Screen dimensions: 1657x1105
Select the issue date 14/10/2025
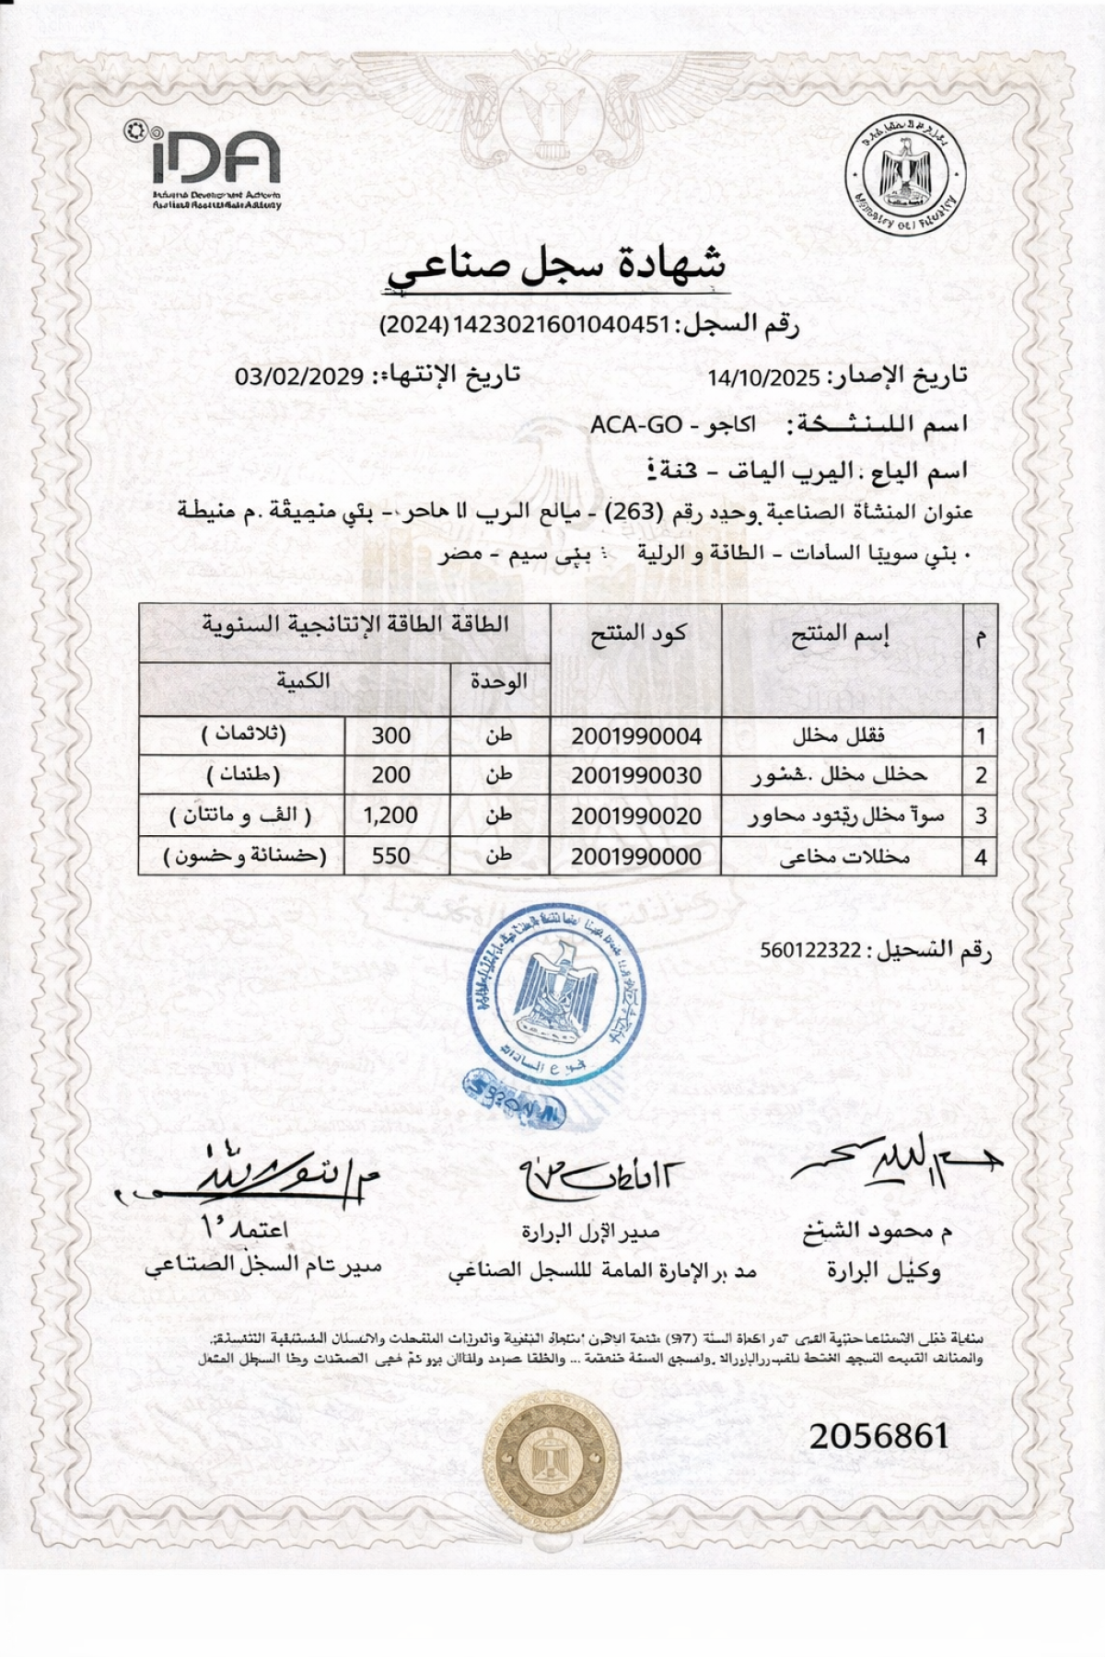[763, 377]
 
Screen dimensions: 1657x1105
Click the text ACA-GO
[635, 424]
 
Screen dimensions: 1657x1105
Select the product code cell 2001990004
[635, 736]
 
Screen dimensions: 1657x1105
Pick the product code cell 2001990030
[635, 775]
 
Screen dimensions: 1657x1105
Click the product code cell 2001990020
[635, 816]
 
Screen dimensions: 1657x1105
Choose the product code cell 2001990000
[635, 856]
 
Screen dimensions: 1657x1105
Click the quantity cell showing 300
[391, 736]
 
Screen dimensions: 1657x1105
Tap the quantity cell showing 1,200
[391, 816]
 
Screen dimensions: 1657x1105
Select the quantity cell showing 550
[391, 856]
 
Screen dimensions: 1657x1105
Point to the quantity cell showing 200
[391, 775]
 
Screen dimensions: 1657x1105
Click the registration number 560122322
[810, 951]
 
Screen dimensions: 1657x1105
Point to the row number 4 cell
[981, 857]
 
